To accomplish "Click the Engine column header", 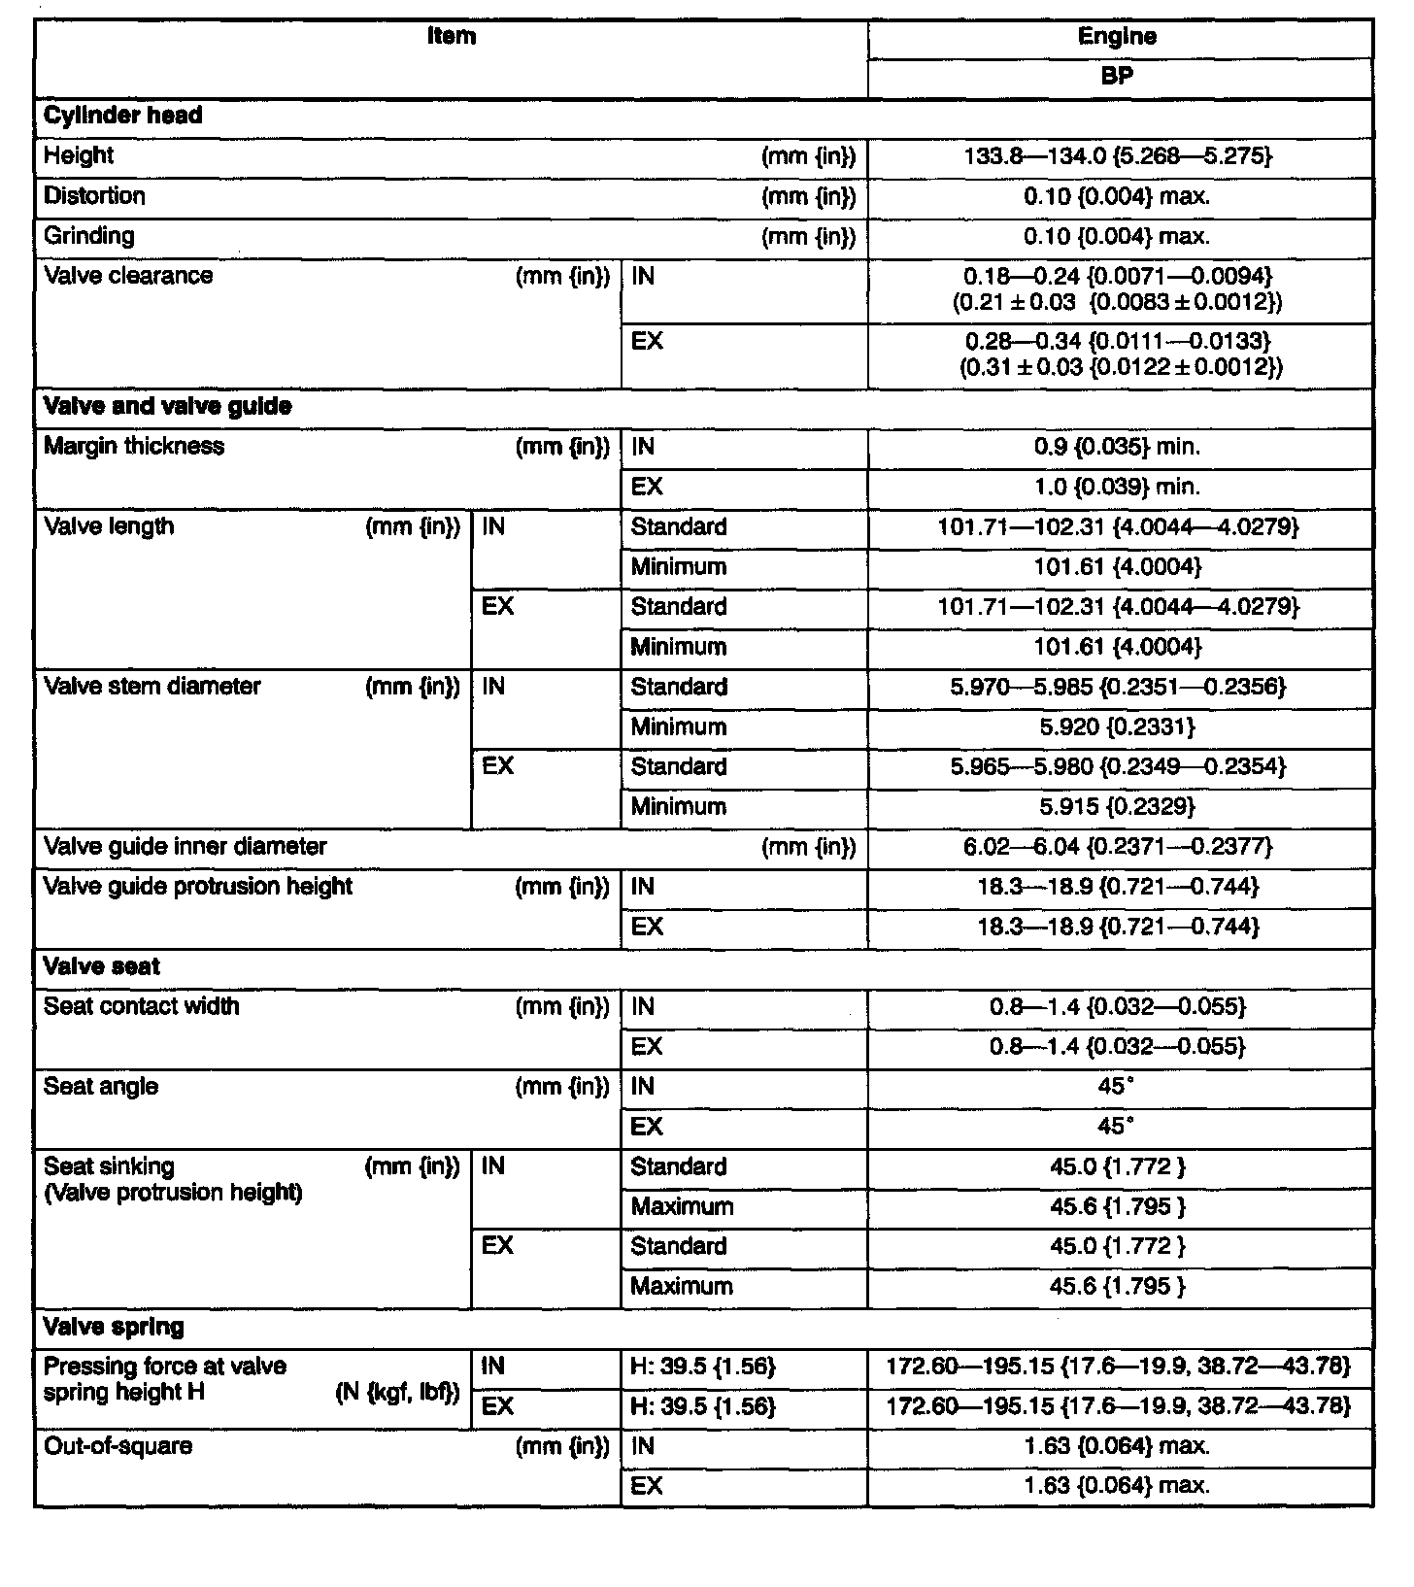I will click(1117, 37).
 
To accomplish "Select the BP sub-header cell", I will click(1117, 76).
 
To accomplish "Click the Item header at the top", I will click(452, 37).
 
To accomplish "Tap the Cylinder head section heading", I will click(123, 116).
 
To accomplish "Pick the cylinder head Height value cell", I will click(1117, 155).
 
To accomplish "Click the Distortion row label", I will click(94, 196).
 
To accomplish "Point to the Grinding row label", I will click(89, 236).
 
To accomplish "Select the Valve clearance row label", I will click(128, 276).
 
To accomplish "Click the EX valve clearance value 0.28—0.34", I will click(1117, 342).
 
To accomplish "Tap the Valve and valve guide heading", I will click(168, 406).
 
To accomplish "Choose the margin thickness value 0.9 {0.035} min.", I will click(1117, 447).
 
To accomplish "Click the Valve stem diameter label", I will click(152, 687).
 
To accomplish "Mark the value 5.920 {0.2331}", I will click(1117, 726).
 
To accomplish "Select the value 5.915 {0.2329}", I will click(1117, 806).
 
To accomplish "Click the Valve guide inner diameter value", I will click(1117, 847).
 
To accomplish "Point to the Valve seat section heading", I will click(102, 966).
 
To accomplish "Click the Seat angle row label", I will click(101, 1087).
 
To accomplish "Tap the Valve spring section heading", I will click(114, 1327).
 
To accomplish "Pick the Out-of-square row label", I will click(118, 1446).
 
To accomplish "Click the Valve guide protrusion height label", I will click(198, 887).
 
